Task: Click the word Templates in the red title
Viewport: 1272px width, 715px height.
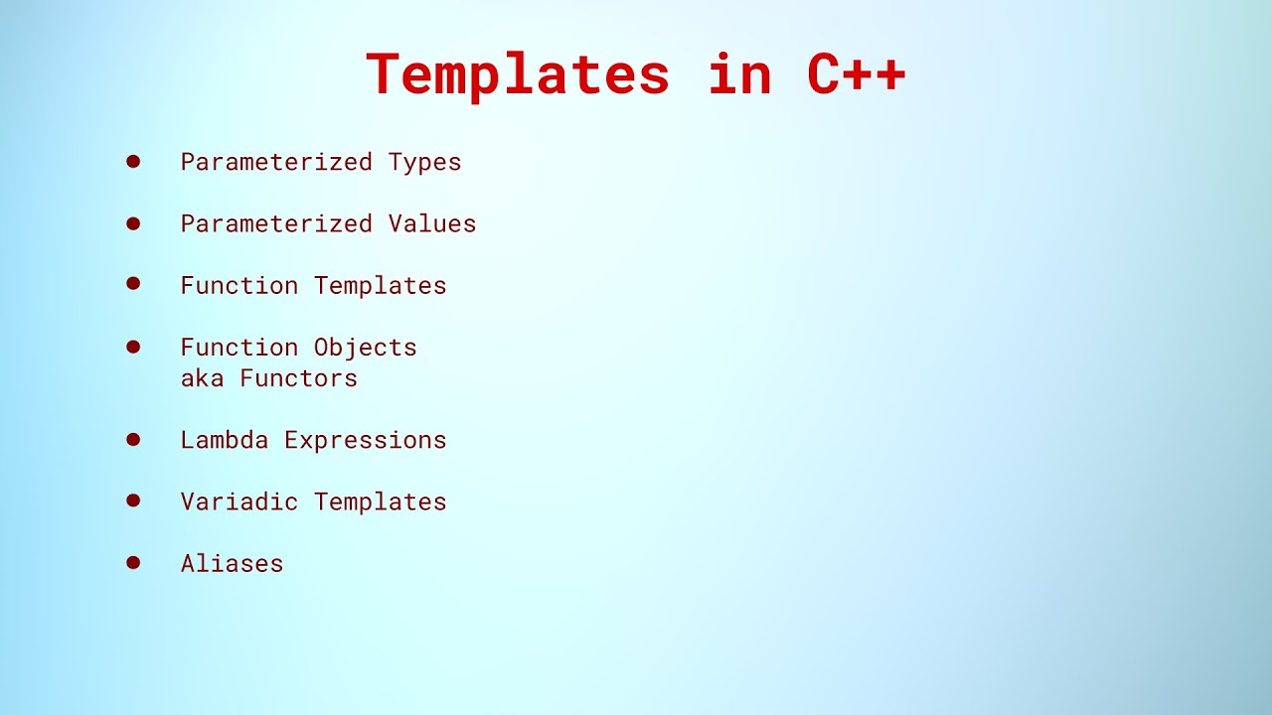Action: (518, 75)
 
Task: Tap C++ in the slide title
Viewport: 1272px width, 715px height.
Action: (856, 75)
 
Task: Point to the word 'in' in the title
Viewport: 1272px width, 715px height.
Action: (739, 75)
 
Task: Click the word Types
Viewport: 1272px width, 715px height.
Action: (424, 162)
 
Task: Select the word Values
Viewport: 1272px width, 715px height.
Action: (432, 223)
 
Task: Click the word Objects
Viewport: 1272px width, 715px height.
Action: (365, 348)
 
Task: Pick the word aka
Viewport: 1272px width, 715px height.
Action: (202, 378)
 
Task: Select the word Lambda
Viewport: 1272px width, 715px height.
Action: (224, 440)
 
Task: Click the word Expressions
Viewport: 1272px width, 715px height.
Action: (365, 440)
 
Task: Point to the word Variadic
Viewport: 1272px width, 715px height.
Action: (238, 501)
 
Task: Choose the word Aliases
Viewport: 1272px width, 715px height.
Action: (232, 564)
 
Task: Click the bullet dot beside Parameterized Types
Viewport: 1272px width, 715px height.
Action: (133, 161)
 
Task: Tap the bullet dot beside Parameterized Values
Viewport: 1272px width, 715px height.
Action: (133, 222)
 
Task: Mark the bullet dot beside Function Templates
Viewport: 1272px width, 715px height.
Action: (133, 284)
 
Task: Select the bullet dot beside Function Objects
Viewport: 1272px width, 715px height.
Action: (133, 347)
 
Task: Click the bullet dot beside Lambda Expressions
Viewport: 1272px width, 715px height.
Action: (133, 439)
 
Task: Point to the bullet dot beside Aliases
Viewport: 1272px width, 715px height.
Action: (133, 562)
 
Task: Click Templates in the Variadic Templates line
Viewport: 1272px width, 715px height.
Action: (380, 501)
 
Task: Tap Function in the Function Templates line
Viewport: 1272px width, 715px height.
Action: (238, 286)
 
